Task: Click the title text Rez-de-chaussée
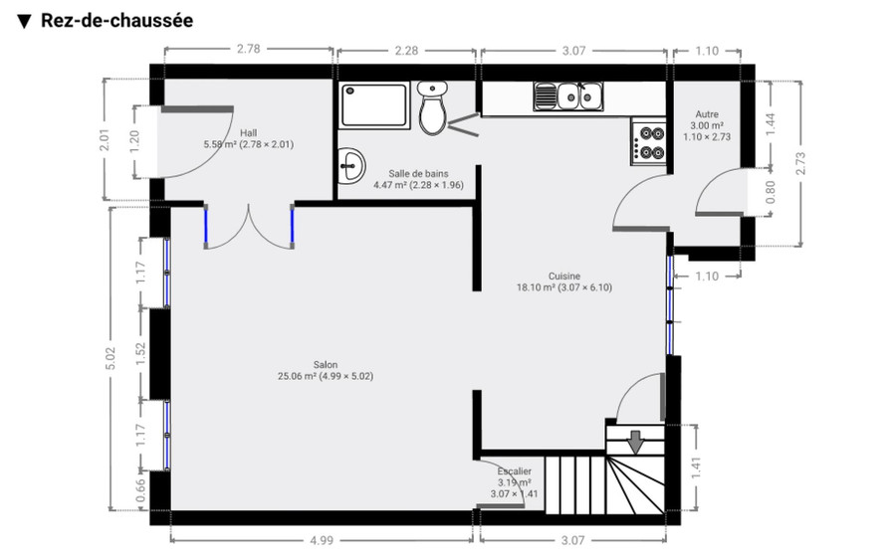point(116,20)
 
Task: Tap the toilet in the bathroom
point(433,108)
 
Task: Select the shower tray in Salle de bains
point(373,104)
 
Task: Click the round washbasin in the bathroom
point(350,167)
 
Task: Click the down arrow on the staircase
point(634,439)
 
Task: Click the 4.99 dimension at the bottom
point(320,540)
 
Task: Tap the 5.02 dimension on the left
point(111,356)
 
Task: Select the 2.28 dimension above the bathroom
point(405,50)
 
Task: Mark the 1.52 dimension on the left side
point(140,354)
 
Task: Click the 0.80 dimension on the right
point(770,191)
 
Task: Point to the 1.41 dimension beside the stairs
point(708,465)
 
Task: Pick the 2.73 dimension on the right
point(799,163)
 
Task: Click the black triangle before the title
point(25,21)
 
